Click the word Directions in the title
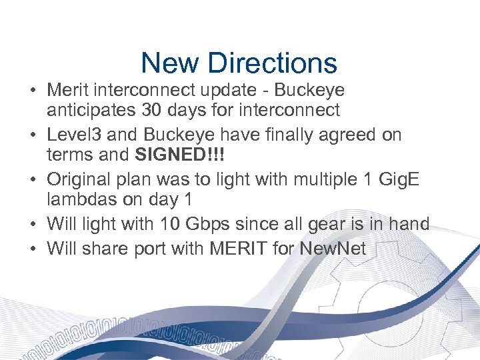coord(272,63)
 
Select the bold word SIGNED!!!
coord(179,155)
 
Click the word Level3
coord(74,135)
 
